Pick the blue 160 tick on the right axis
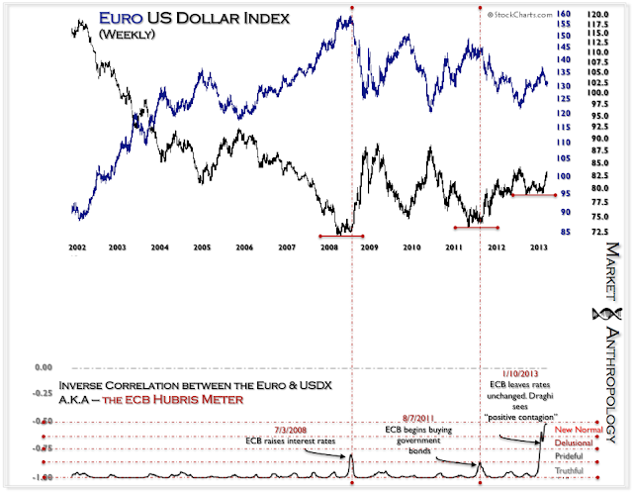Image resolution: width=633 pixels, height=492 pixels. point(564,14)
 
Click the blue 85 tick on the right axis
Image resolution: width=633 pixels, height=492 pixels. point(564,234)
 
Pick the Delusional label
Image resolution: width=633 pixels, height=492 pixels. point(576,443)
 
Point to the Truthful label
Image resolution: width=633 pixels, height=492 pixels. point(572,471)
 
